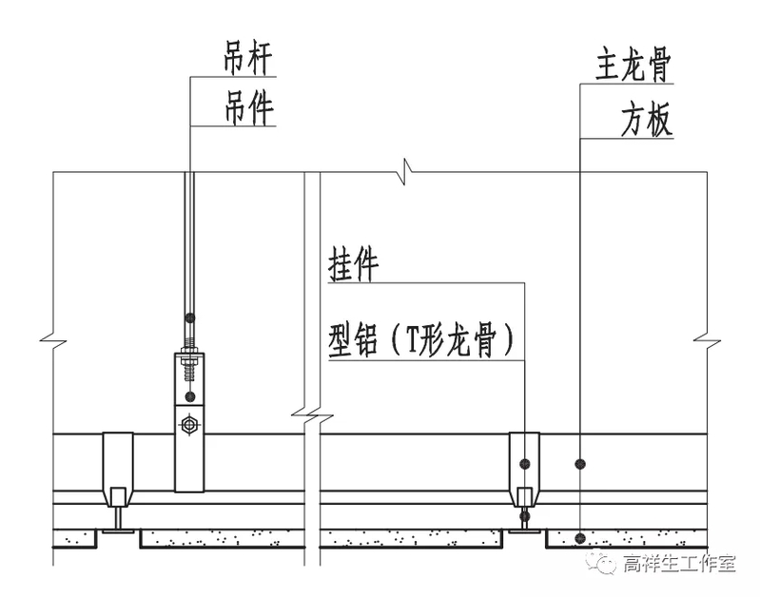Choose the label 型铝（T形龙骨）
426,340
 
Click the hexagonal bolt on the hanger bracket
190,422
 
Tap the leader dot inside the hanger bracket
190,395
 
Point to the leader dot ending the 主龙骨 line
580,463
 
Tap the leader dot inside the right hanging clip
524,463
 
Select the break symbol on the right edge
708,338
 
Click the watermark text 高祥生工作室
679,564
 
